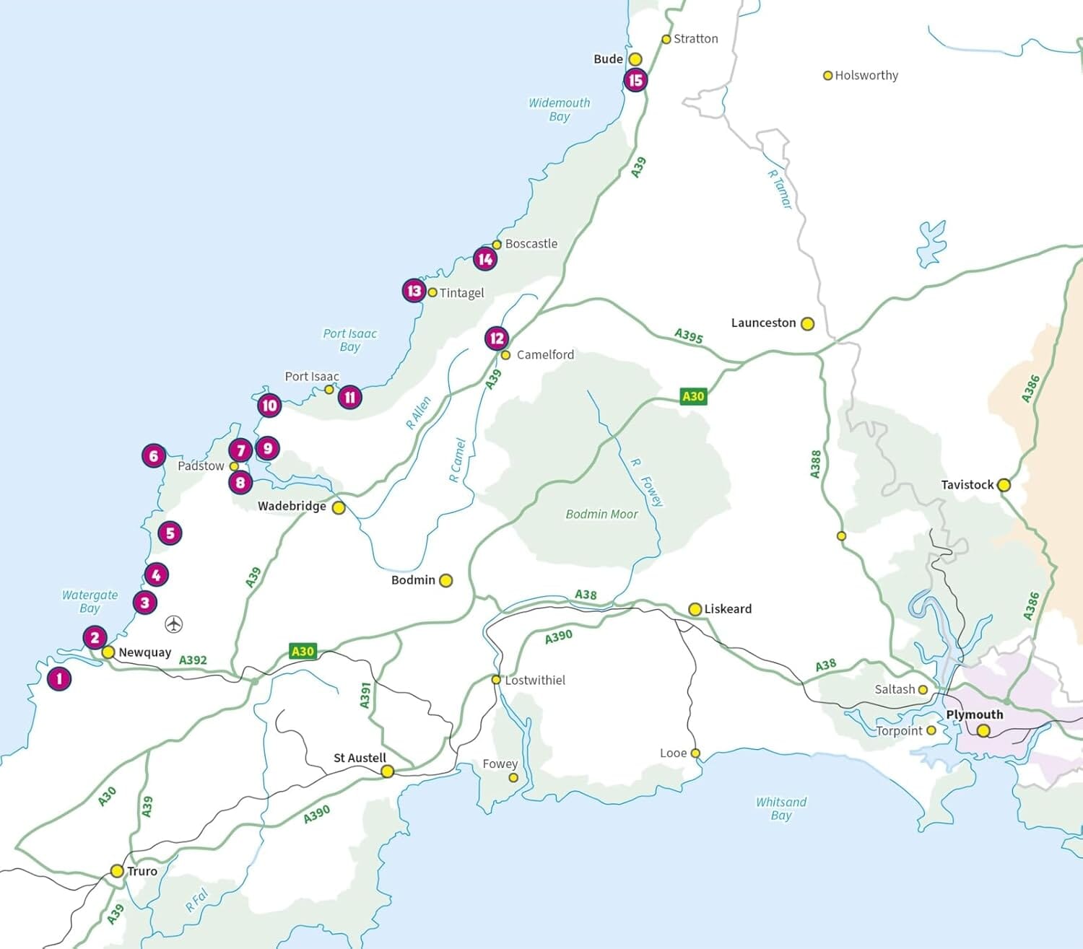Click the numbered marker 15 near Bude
point(635,80)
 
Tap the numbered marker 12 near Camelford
point(497,338)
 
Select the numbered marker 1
point(59,678)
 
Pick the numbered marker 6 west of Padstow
point(153,456)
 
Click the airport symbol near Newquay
point(174,624)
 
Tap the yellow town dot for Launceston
point(807,324)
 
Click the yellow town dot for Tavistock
point(1004,485)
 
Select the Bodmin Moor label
point(601,515)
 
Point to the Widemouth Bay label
point(559,110)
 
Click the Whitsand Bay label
point(781,808)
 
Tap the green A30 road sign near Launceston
point(692,396)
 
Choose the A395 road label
point(688,336)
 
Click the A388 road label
point(815,464)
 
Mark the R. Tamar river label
point(780,189)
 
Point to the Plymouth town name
point(974,714)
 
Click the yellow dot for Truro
point(117,871)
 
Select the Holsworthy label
point(866,76)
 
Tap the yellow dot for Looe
point(695,753)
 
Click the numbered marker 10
point(269,406)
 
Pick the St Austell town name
point(360,758)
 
